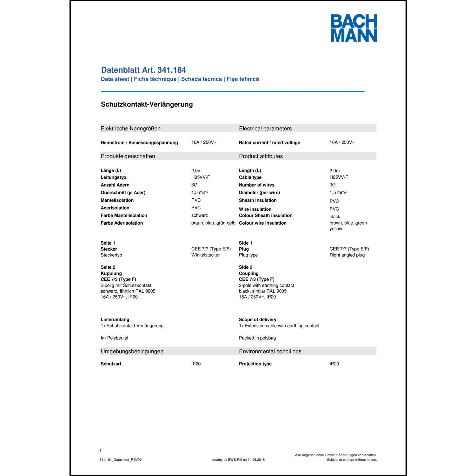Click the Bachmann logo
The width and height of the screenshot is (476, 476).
[x=354, y=28]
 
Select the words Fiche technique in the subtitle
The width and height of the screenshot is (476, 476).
[x=155, y=79]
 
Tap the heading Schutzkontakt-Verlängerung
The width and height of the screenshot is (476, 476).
[x=147, y=104]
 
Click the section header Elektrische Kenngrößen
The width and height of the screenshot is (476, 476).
[x=130, y=129]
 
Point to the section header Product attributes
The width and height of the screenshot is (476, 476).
[x=261, y=156]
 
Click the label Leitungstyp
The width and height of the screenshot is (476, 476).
[x=113, y=177]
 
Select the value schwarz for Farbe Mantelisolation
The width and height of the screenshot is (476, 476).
[x=199, y=215]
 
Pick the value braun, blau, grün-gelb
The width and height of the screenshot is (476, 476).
[x=213, y=223]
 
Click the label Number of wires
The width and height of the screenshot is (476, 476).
[x=256, y=185]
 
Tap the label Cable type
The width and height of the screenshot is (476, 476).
[x=250, y=177]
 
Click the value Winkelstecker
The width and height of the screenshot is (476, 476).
[x=205, y=255]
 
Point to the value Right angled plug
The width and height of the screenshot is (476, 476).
[x=347, y=255]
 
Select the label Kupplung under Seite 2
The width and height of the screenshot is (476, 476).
[x=111, y=273]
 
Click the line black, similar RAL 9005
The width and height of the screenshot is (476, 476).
[x=262, y=291]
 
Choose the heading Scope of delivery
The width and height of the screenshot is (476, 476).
[x=257, y=320]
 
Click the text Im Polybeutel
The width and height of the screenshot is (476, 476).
[x=114, y=338]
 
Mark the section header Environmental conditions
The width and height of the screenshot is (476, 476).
[x=270, y=351]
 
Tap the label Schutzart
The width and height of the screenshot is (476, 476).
[x=111, y=364]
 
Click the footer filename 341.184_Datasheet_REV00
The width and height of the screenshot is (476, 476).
[x=120, y=460]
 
